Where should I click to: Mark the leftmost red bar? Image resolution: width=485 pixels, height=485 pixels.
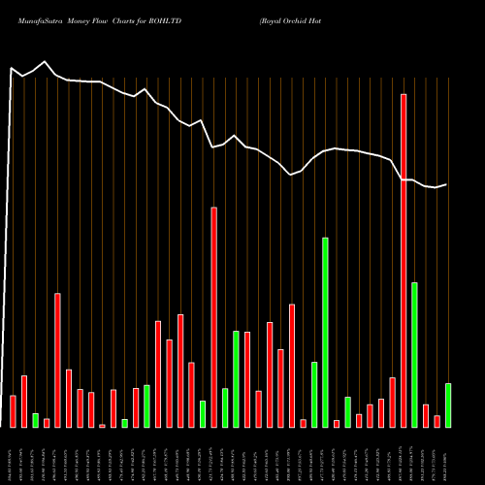(x=13, y=411)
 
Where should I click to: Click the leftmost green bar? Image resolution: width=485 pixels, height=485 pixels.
(x=36, y=420)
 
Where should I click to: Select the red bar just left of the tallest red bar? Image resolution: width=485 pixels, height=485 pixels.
(x=392, y=402)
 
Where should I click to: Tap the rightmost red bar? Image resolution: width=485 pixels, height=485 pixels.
(x=436, y=421)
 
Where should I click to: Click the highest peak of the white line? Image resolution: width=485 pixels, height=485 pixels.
(x=46, y=62)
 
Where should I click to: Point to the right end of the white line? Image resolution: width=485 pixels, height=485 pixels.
(x=447, y=184)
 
